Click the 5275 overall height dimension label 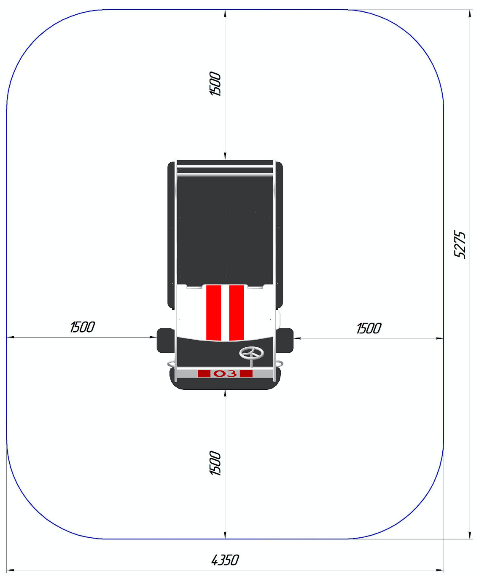[460, 245]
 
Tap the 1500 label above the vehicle [215, 84]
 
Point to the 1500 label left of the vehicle [82, 327]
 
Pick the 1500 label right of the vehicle [369, 328]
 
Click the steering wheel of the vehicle [251, 353]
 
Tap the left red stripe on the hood [213, 313]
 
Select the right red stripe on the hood [236, 313]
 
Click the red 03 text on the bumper [225, 373]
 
